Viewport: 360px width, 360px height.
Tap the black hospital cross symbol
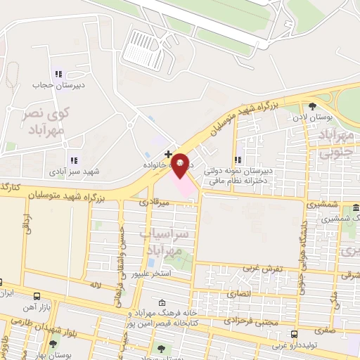pyautogui.click(x=168, y=153)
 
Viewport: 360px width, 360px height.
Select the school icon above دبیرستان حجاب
pyautogui.click(x=58, y=73)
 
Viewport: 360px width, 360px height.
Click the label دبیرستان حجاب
pyautogui.click(x=49, y=85)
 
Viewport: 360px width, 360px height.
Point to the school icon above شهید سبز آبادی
pyautogui.click(x=73, y=160)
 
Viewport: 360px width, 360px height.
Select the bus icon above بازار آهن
pyautogui.click(x=37, y=296)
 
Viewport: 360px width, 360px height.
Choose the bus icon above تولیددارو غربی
pyautogui.click(x=294, y=334)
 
